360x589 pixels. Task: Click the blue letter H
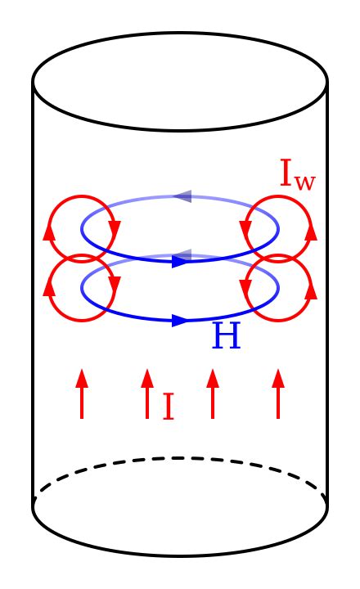[227, 336]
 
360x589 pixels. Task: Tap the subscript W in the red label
[304, 182]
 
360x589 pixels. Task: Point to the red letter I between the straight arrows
[168, 407]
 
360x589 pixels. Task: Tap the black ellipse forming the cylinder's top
[180, 34]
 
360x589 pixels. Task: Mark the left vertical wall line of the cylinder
[33, 294]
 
